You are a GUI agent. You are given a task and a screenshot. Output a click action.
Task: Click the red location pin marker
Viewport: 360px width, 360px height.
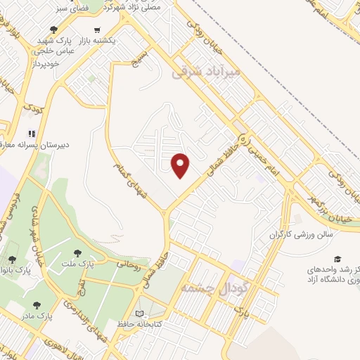tap(181, 165)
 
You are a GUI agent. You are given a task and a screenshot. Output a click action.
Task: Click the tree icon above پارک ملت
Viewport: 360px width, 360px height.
tap(77, 254)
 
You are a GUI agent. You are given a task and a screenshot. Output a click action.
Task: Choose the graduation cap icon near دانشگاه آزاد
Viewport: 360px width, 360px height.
tap(338, 259)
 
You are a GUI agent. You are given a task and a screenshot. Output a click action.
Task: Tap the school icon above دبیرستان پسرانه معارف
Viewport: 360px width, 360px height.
tap(32, 134)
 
